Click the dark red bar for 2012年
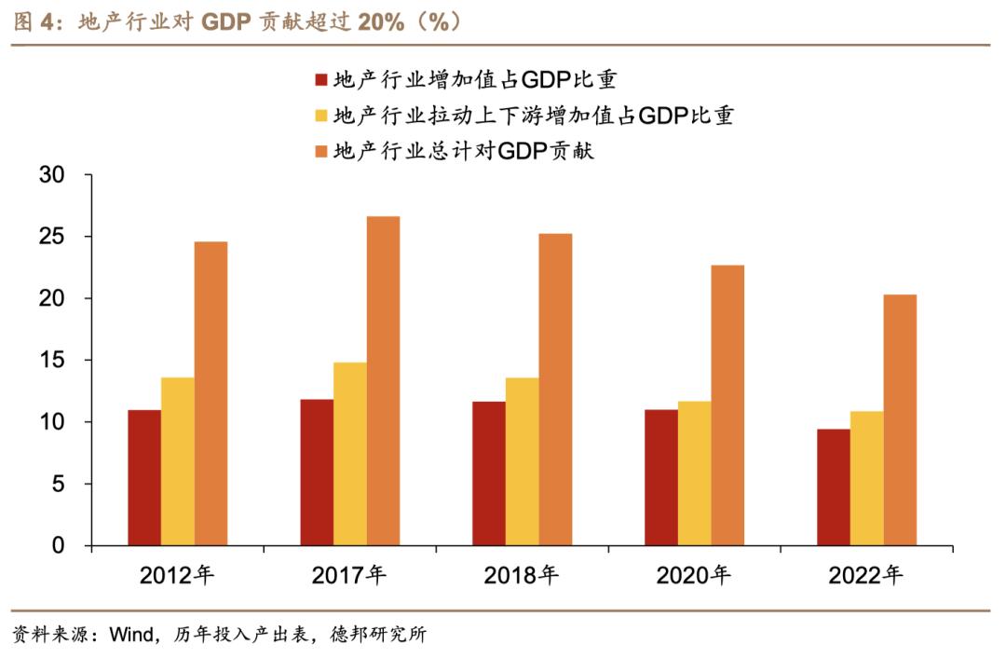point(144,477)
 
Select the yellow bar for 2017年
point(349,454)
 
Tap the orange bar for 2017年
point(383,380)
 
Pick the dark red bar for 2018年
point(489,473)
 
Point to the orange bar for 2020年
point(727,405)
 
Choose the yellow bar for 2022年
point(866,478)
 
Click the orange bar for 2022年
point(900,419)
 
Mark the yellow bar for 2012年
point(178,461)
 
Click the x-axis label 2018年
point(522,576)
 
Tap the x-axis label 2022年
point(866,576)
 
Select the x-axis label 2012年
point(177,576)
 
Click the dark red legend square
point(322,79)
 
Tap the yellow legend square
point(322,116)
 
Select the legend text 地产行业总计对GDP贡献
point(463,151)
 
